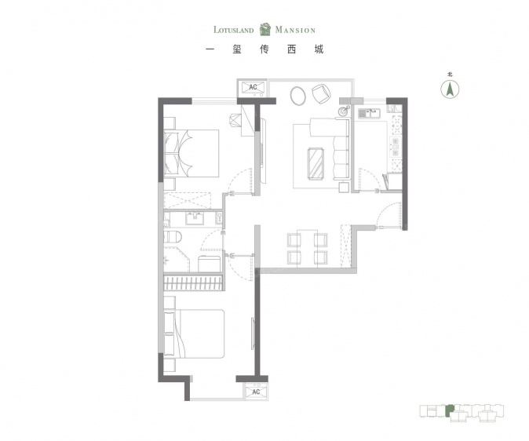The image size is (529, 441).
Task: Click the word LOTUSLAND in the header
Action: click(233, 30)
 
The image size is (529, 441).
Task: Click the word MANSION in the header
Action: click(295, 30)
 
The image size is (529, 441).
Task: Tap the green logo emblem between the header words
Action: click(265, 29)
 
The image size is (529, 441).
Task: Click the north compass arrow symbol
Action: click(450, 89)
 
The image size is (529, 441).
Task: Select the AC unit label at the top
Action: click(253, 87)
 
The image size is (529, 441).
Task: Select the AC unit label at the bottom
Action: click(256, 392)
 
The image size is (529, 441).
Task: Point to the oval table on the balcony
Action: click(297, 96)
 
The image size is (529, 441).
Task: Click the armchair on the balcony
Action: click(322, 94)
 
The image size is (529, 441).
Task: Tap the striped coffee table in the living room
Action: click(316, 163)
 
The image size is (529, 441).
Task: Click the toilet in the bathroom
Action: click(173, 236)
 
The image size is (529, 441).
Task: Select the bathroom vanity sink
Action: click(195, 219)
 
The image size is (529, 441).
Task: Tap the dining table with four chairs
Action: click(308, 249)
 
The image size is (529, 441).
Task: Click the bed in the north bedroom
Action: click(192, 154)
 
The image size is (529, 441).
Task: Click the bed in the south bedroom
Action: click(194, 333)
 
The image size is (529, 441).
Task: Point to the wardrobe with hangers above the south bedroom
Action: click(193, 282)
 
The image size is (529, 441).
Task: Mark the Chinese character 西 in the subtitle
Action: click(291, 49)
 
